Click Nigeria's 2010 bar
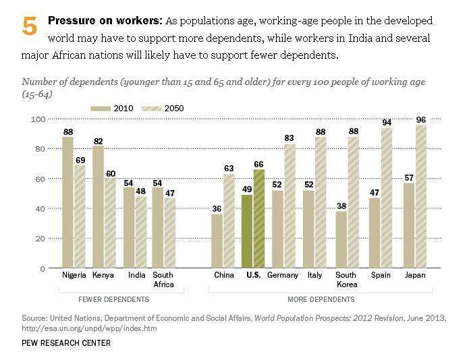pyautogui.click(x=68, y=202)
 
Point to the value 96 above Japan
pyautogui.click(x=420, y=119)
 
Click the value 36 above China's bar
pyautogui.click(x=217, y=208)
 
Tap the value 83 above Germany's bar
pyautogui.click(x=290, y=138)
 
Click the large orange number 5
pyautogui.click(x=29, y=27)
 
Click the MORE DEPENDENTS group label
pyautogui.click(x=322, y=299)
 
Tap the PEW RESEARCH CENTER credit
pyautogui.click(x=65, y=343)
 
